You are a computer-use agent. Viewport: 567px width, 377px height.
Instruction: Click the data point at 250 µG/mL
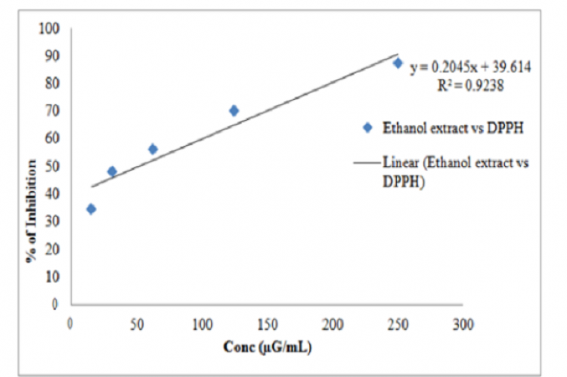(x=398, y=63)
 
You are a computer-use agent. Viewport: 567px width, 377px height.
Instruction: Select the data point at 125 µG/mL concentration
(x=234, y=110)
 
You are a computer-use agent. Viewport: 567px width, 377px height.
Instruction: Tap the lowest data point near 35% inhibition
(x=91, y=209)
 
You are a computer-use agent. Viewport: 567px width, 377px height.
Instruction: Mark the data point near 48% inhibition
(x=112, y=172)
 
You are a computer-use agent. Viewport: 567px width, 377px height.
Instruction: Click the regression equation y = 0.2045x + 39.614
(x=470, y=68)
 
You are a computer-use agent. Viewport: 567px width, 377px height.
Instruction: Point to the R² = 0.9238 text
(x=470, y=86)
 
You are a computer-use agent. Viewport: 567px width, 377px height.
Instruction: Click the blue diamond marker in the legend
(x=367, y=128)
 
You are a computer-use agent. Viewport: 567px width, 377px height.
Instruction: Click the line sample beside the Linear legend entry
(x=367, y=164)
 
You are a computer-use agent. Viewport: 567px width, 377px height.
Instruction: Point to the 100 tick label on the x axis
(x=201, y=324)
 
